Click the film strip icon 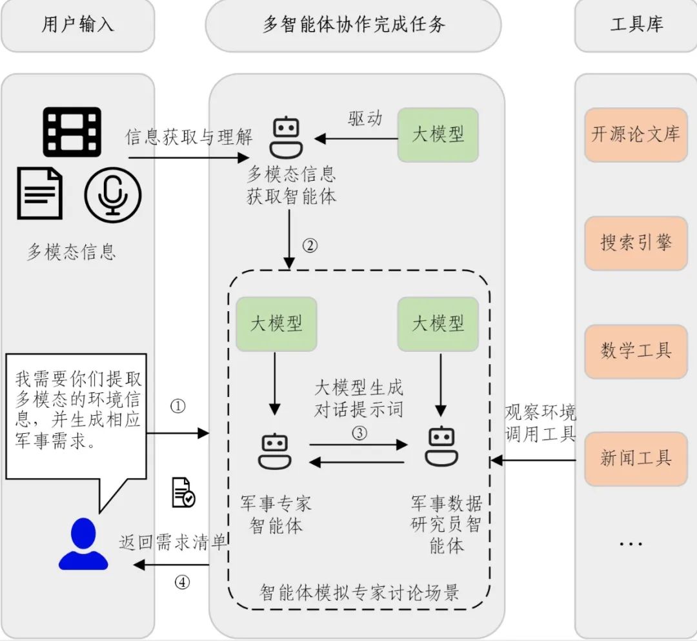[x=72, y=132]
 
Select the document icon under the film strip [x=40, y=193]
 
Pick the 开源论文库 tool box [x=636, y=135]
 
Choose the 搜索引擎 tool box [x=636, y=243]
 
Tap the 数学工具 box [x=636, y=351]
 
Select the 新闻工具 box [x=636, y=459]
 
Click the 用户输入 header [x=77, y=25]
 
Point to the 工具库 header [x=636, y=25]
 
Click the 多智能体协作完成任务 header [x=354, y=25]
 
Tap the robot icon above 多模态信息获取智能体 [x=287, y=137]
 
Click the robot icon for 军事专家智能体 [x=275, y=451]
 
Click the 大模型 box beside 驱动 [x=438, y=135]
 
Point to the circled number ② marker [x=310, y=246]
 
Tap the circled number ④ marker [x=183, y=582]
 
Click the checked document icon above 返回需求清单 [x=183, y=493]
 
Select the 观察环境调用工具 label [x=540, y=423]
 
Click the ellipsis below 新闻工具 [x=631, y=544]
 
